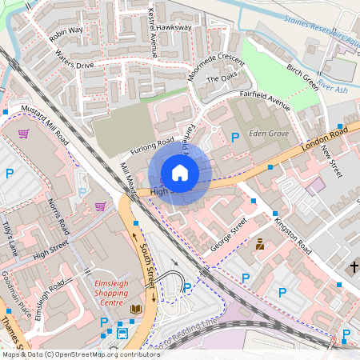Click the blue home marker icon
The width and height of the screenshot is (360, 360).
pos(180,172)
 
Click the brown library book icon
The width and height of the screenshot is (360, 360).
pos(135,309)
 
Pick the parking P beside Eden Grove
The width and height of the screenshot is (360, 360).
pos(235,138)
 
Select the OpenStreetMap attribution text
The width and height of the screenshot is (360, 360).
pos(80,354)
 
